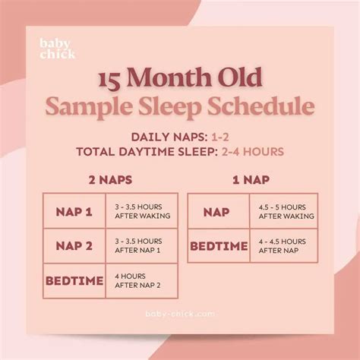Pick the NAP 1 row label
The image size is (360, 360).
coord(74,211)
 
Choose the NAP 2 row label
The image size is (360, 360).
coord(74,246)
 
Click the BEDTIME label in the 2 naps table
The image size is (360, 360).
coord(74,281)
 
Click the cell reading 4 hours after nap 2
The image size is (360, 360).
coord(141,281)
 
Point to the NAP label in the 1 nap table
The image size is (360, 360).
coord(219,211)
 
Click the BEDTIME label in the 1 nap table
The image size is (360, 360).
coord(219,246)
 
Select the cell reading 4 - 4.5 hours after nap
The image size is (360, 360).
coord(283,246)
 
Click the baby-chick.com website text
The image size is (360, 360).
coord(180,313)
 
